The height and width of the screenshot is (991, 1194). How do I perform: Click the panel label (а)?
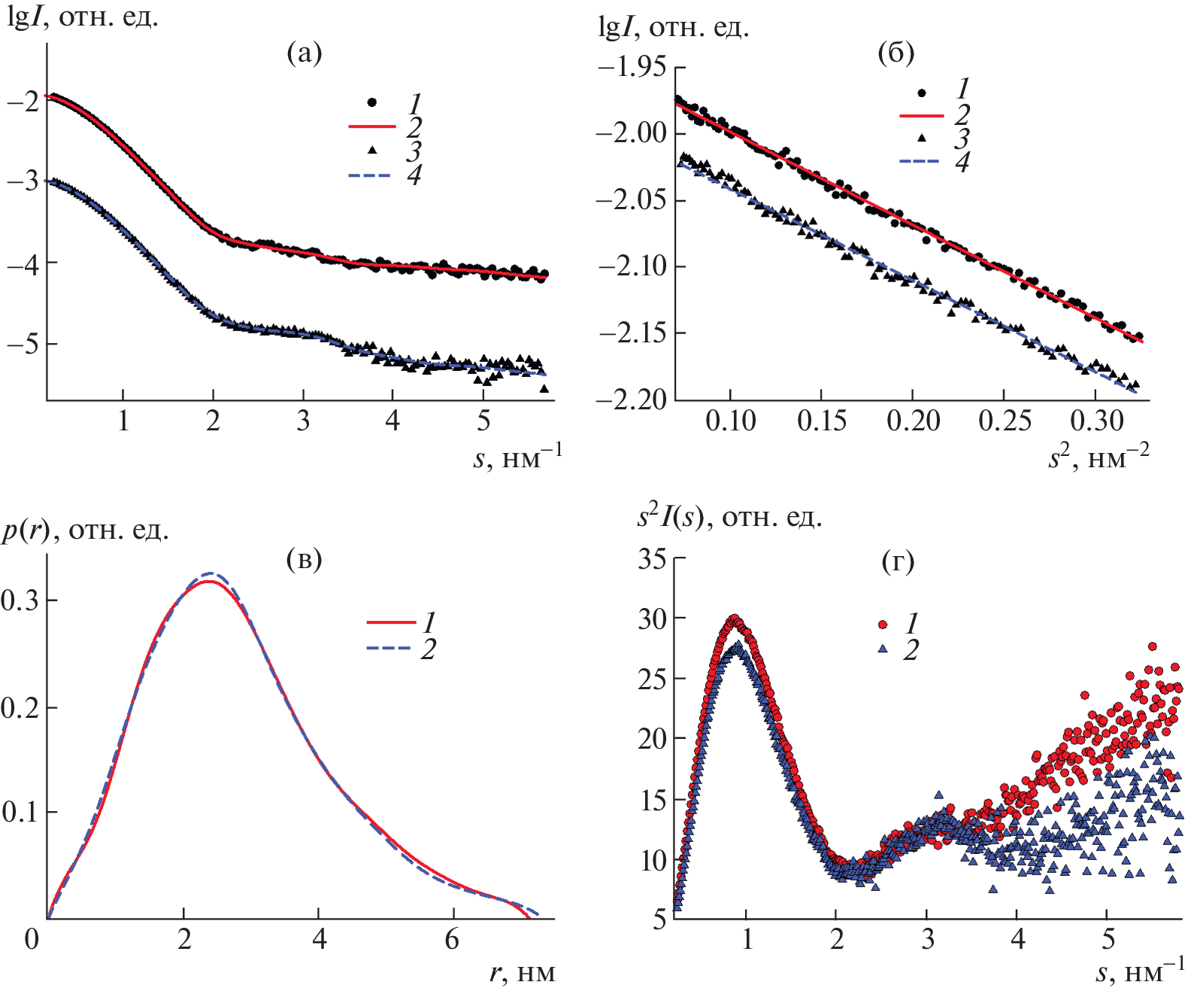pyautogui.click(x=305, y=53)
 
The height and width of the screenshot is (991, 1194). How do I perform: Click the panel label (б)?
pyautogui.click(x=896, y=53)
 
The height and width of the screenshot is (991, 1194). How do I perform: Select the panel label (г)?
pyautogui.click(x=898, y=562)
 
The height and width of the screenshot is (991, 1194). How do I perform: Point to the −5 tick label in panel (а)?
pyautogui.click(x=22, y=344)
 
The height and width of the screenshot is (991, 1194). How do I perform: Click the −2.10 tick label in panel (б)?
pyautogui.click(x=632, y=266)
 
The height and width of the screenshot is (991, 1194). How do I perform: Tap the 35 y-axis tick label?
pyautogui.click(x=652, y=558)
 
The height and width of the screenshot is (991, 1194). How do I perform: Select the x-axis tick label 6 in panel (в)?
pyautogui.click(x=452, y=940)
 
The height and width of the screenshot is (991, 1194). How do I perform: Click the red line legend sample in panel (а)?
pyautogui.click(x=372, y=126)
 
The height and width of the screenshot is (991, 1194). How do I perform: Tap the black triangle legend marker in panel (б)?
pyautogui.click(x=922, y=138)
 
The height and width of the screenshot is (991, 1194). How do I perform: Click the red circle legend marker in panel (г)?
pyautogui.click(x=883, y=625)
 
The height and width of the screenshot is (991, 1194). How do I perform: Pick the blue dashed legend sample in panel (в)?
pyautogui.click(x=389, y=648)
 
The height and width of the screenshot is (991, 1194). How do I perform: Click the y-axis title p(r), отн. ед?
pyautogui.click(x=85, y=531)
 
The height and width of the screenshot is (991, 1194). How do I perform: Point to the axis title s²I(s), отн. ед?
pyautogui.click(x=729, y=518)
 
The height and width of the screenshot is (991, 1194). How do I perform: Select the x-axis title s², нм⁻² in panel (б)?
pyautogui.click(x=1099, y=457)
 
